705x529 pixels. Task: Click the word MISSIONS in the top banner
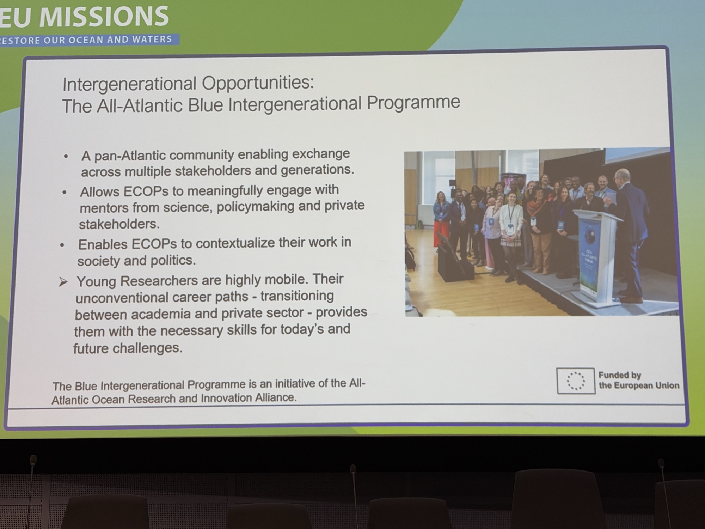104,17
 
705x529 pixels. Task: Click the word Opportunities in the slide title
257,83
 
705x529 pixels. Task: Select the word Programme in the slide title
413,102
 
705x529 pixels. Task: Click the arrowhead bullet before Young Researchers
63,282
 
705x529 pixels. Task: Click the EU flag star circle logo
576,381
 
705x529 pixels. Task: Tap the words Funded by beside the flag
620,375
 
